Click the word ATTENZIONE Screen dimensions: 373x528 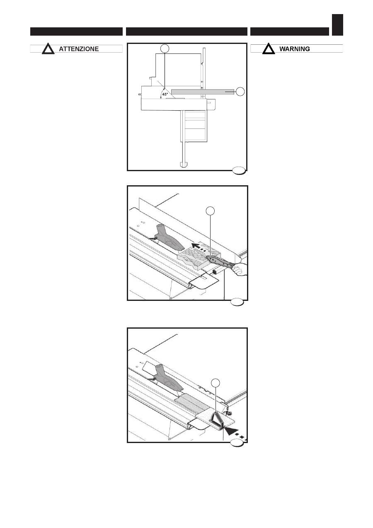tap(79, 49)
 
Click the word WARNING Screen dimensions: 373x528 tap(295, 49)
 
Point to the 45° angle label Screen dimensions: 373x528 tap(165, 94)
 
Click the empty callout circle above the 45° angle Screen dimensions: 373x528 tap(165, 48)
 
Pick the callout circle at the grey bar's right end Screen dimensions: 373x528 tap(240, 92)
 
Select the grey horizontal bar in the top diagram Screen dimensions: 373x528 tap(203, 92)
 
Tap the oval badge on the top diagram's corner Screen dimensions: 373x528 tap(239, 170)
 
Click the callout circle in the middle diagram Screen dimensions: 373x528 tap(210, 211)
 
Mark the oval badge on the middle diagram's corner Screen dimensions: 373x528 tap(237, 302)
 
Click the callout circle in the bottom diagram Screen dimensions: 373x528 tap(215, 383)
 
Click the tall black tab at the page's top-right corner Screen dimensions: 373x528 tap(337, 25)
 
